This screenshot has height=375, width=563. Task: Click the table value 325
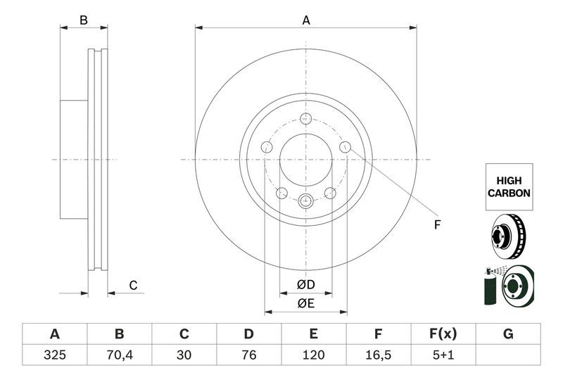55,356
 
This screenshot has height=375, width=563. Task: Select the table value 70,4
120,356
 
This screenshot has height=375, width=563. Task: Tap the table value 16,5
379,356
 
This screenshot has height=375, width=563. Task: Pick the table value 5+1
443,356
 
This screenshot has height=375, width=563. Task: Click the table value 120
314,356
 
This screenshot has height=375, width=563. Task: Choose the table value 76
249,356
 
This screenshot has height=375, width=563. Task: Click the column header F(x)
443,334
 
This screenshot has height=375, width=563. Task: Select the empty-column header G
508,334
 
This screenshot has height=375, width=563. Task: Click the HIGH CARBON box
508,186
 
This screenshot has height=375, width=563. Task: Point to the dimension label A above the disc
306,20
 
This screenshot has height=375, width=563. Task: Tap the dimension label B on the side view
84,20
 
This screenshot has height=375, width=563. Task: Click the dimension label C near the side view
132,285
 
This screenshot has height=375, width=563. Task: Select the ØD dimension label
305,284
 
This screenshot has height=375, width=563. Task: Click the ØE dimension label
305,303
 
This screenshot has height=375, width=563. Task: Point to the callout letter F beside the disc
436,224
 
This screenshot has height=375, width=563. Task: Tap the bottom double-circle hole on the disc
305,201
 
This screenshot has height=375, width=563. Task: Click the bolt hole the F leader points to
345,147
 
